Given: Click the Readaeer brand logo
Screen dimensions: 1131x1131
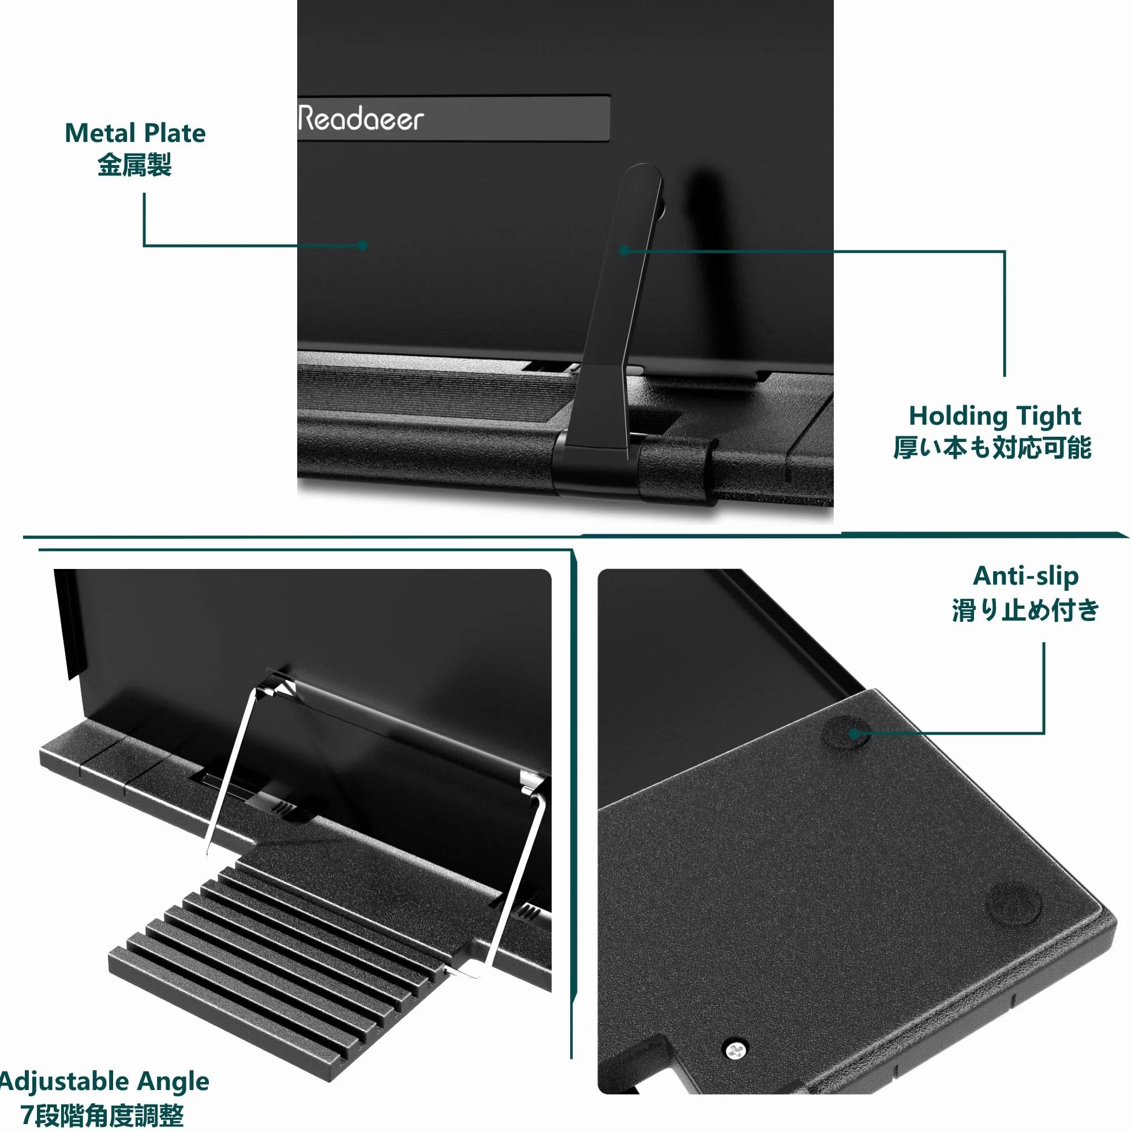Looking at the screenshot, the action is [x=361, y=118].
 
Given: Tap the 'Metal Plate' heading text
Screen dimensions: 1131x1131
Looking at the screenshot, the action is [x=135, y=133].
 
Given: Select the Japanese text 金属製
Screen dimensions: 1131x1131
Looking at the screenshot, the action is [x=134, y=165].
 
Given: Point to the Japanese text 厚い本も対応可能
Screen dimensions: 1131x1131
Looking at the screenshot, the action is [x=993, y=448].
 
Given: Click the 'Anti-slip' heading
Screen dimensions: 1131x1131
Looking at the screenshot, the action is [x=1025, y=576].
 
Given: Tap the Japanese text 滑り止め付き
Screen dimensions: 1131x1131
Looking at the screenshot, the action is [x=1025, y=611].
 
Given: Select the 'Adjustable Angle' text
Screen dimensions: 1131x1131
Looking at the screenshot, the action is [x=104, y=1082].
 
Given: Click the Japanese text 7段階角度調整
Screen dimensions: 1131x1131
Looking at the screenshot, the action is [x=103, y=1115].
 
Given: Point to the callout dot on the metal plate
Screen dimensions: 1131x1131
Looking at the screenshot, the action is [x=363, y=245].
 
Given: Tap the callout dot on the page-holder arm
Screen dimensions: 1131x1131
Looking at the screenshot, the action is [x=624, y=250].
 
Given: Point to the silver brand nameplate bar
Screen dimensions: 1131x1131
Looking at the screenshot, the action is [x=454, y=118].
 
